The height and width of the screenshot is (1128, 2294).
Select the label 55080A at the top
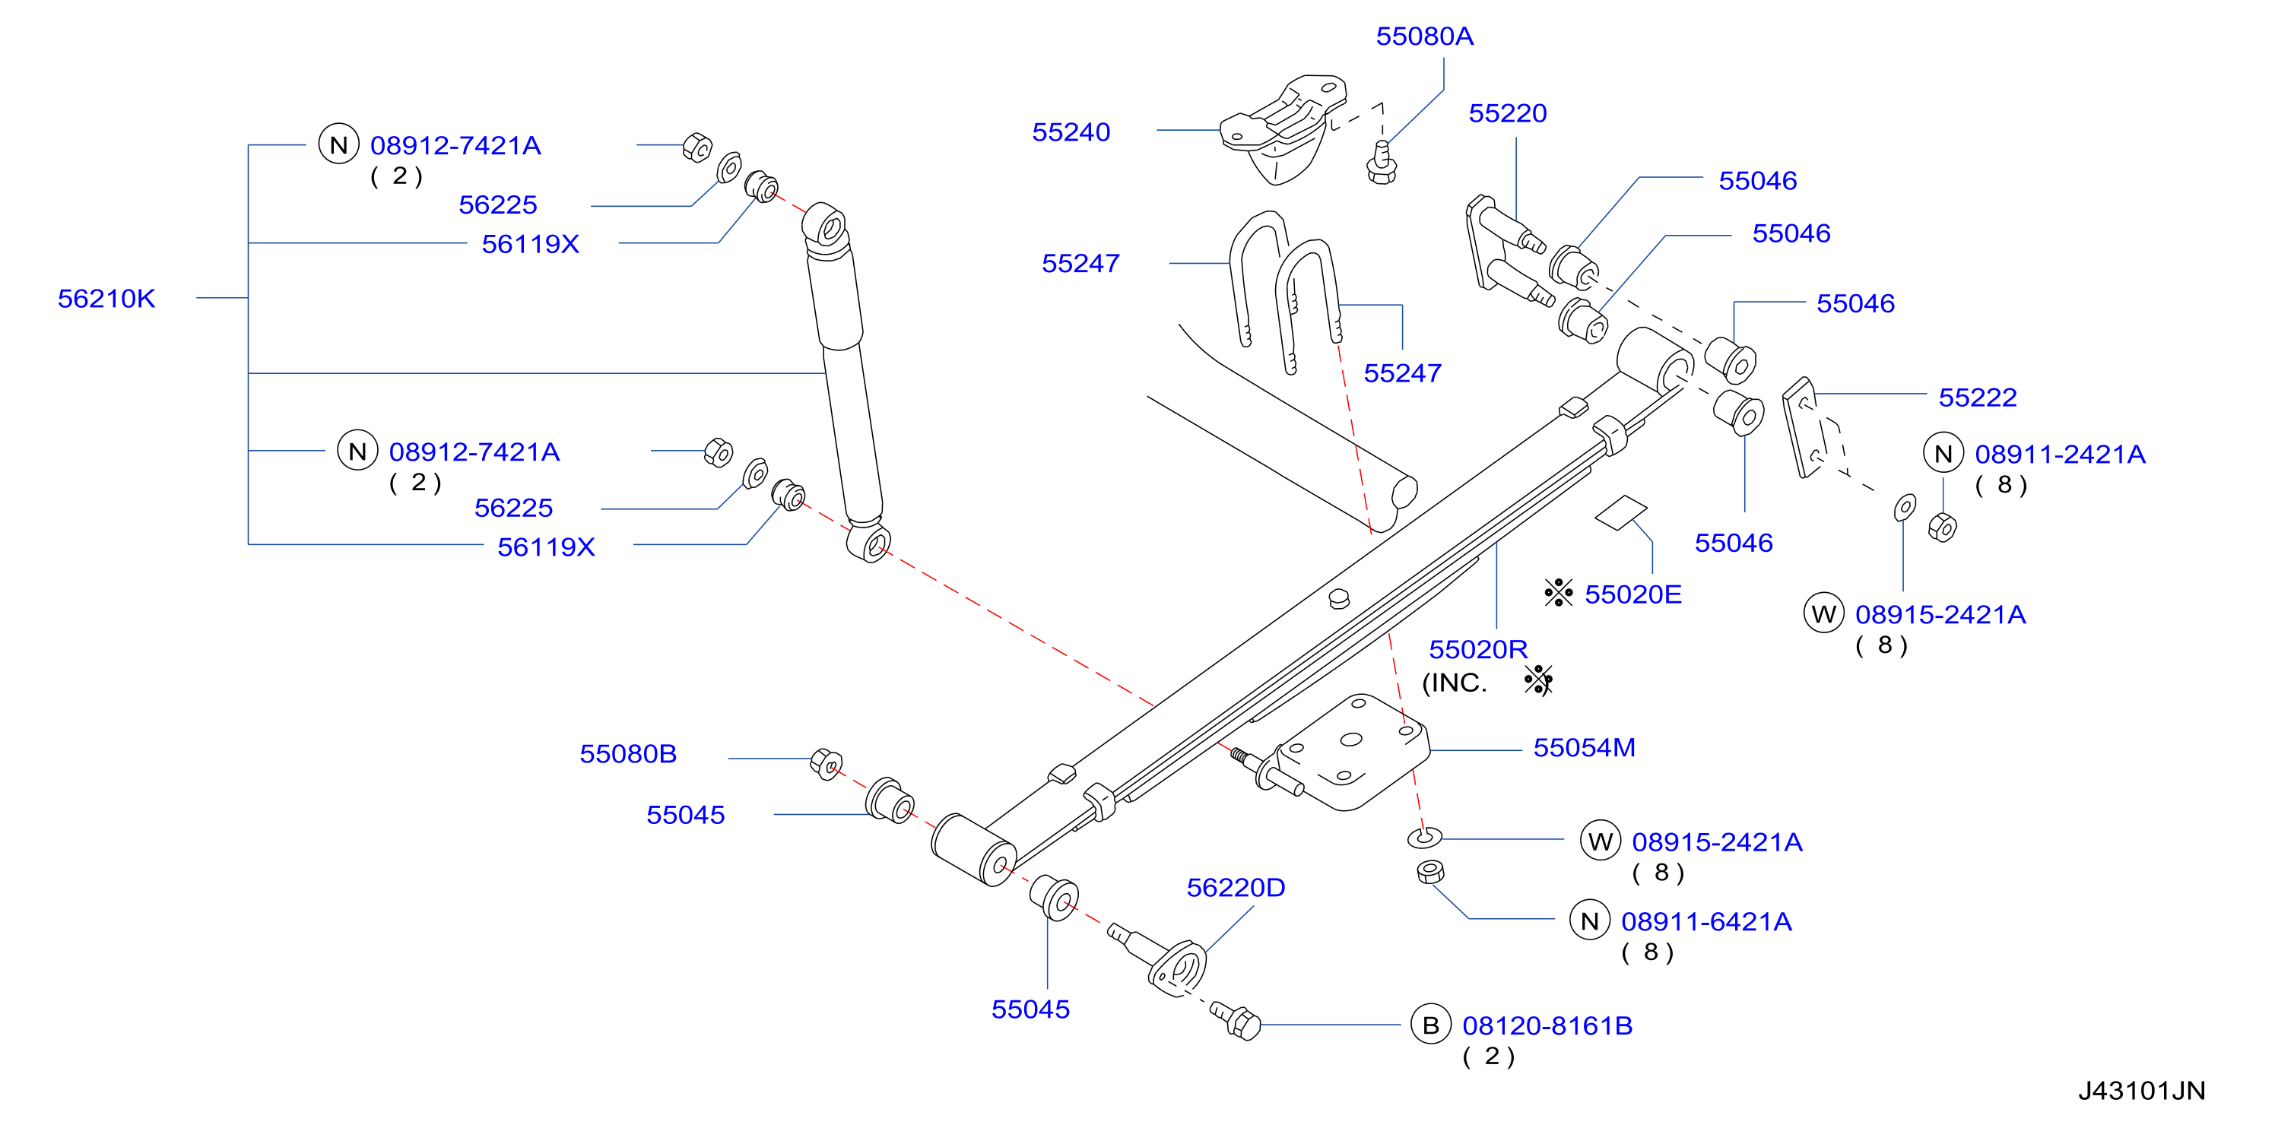pos(1424,36)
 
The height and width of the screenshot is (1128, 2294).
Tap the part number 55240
pos(1071,131)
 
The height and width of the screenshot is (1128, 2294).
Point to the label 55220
pos(1508,113)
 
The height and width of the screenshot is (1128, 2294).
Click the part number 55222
pos(1977,397)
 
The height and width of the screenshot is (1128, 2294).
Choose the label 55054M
pos(1585,748)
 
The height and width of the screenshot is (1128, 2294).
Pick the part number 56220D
pos(1236,888)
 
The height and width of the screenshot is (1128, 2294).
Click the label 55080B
pos(628,754)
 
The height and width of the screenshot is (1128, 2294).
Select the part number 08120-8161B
pos(1548,1025)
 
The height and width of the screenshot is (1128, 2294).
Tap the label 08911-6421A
pos(1706,921)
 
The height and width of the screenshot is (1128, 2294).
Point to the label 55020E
pos(1633,594)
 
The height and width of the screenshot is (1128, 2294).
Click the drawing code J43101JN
pos(2142,1091)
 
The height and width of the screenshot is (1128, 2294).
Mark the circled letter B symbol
pos(1431,1025)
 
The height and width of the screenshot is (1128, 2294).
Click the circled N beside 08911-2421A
pos(1943,454)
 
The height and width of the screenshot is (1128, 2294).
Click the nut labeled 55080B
pos(827,764)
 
